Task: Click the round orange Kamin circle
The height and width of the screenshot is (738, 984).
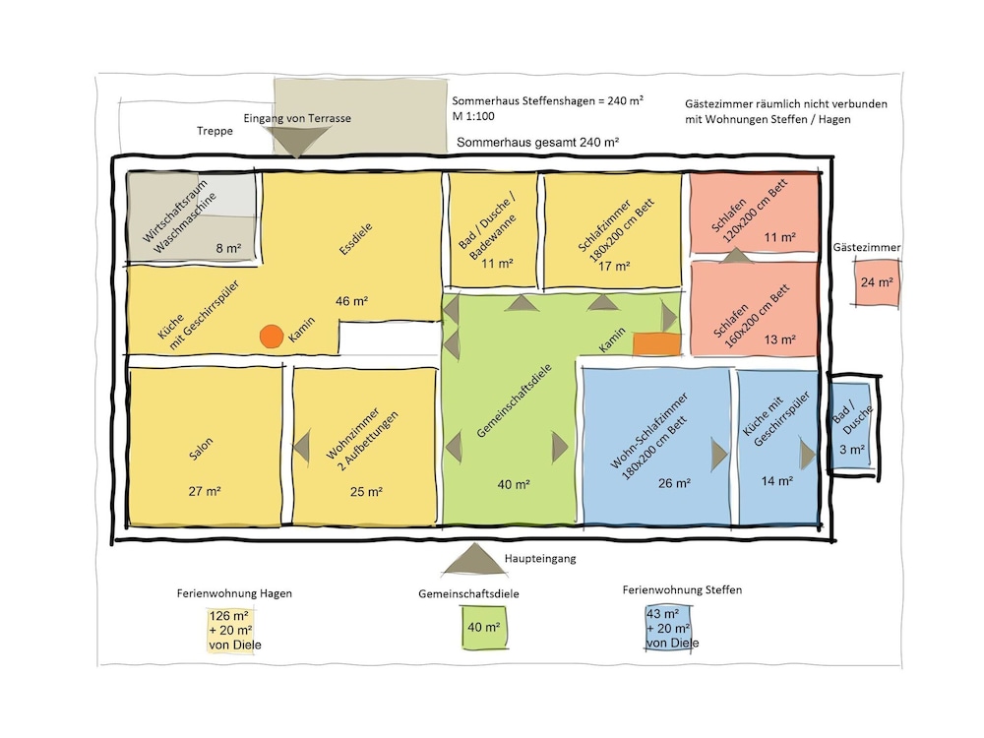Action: point(272,337)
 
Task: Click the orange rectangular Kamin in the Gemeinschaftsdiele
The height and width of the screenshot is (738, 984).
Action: point(656,344)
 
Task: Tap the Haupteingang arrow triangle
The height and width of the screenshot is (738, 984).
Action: point(474,559)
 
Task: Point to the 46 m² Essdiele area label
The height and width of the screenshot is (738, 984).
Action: point(351,301)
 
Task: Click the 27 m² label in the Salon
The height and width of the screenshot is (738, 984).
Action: point(205,491)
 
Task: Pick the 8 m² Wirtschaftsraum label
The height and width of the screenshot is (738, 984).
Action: point(228,249)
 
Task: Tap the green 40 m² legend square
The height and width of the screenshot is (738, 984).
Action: point(484,628)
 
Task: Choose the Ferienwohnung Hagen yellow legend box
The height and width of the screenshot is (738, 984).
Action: point(230,631)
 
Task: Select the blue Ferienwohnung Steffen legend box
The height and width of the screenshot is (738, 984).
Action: point(669,628)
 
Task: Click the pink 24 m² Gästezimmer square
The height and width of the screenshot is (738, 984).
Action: point(877,283)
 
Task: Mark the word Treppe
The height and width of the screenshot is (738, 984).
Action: point(215,131)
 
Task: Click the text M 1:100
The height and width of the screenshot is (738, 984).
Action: point(473,116)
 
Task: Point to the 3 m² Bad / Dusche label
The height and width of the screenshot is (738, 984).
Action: point(852,450)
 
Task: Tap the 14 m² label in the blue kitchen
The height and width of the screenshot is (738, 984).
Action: point(777,481)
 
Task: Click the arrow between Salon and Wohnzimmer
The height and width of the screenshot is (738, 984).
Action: point(302,448)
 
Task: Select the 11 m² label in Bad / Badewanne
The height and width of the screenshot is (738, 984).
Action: point(497,264)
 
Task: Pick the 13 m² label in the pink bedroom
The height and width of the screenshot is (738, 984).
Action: point(780,339)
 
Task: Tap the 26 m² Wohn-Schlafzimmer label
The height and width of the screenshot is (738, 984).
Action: point(675,483)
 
